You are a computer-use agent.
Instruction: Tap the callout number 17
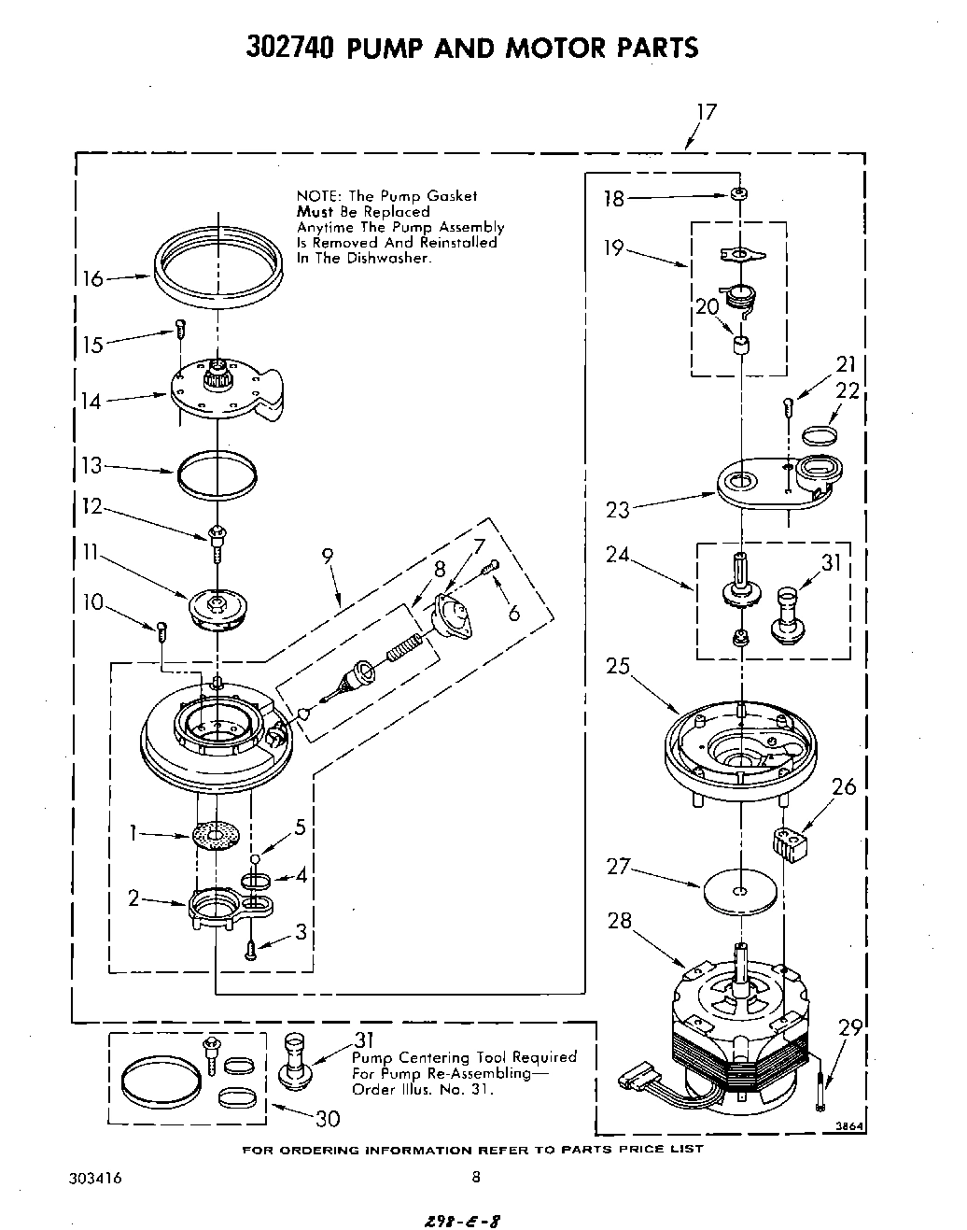coord(706,112)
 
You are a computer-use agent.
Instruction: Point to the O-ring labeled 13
coord(217,474)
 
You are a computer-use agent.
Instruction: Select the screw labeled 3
coord(250,950)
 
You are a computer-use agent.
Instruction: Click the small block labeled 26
coord(789,843)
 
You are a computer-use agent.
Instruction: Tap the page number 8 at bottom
coord(475,1178)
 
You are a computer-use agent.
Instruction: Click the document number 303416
coord(95,1179)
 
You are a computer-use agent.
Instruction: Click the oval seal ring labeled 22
coord(819,433)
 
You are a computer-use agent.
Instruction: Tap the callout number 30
coord(327,1118)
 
